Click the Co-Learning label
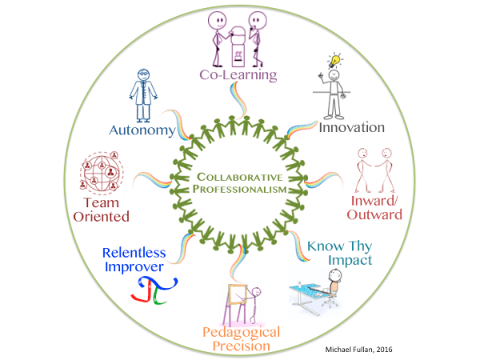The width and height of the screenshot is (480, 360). (238, 76)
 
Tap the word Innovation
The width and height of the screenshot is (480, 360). (351, 126)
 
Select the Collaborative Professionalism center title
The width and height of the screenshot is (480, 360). (239, 182)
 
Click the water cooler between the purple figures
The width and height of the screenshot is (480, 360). (238, 46)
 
